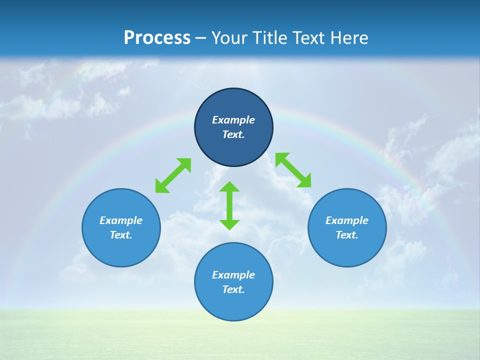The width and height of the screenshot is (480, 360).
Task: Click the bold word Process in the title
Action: click(x=157, y=37)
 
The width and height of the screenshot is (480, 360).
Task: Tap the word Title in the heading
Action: click(x=269, y=37)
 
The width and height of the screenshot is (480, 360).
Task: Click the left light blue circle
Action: click(x=121, y=250)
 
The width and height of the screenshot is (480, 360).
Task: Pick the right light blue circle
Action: click(x=347, y=250)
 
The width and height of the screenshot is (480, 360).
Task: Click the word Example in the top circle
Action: click(x=233, y=120)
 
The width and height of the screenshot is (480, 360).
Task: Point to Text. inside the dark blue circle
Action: click(x=233, y=134)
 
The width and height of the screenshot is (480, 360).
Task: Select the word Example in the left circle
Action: click(x=121, y=220)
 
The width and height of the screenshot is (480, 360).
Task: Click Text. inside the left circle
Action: click(x=121, y=235)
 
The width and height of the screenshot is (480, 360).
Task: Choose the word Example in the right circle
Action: click(x=347, y=220)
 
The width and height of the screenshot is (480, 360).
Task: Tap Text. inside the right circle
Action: click(x=347, y=235)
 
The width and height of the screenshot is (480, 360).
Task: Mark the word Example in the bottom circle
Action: click(x=233, y=275)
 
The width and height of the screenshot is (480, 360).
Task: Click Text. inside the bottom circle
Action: click(x=233, y=289)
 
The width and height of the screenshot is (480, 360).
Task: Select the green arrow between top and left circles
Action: click(x=173, y=175)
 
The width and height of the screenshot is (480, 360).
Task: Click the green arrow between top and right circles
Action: click(x=293, y=170)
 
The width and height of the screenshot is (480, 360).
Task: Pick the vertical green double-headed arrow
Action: click(x=229, y=205)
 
